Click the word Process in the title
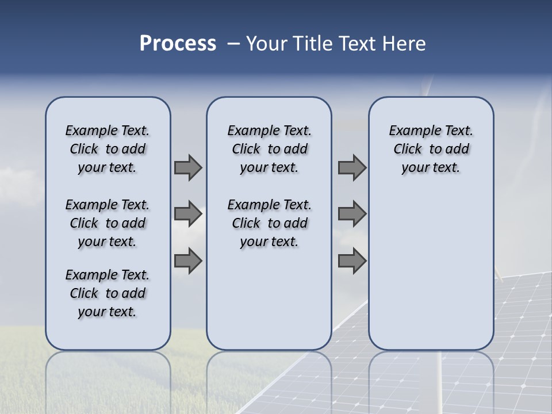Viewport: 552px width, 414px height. click(x=178, y=44)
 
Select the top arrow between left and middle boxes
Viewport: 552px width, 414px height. click(x=187, y=167)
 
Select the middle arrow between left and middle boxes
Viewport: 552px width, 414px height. click(x=187, y=214)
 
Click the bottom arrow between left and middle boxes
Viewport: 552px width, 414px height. click(x=187, y=261)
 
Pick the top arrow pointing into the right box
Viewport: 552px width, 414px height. click(x=352, y=167)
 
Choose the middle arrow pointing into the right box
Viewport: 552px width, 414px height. click(x=352, y=214)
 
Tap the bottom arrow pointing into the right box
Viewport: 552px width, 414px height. click(x=352, y=261)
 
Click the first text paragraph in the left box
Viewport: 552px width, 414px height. click(x=108, y=149)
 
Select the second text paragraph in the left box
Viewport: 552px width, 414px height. click(x=108, y=223)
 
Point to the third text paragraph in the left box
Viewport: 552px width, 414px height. click(x=108, y=293)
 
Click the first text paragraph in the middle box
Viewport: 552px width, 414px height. click(x=269, y=149)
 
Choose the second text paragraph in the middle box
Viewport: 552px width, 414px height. click(x=269, y=223)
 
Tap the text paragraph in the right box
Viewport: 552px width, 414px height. click(x=431, y=149)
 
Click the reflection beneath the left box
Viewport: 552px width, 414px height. click(x=108, y=374)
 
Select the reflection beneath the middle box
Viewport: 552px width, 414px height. click(x=269, y=374)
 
